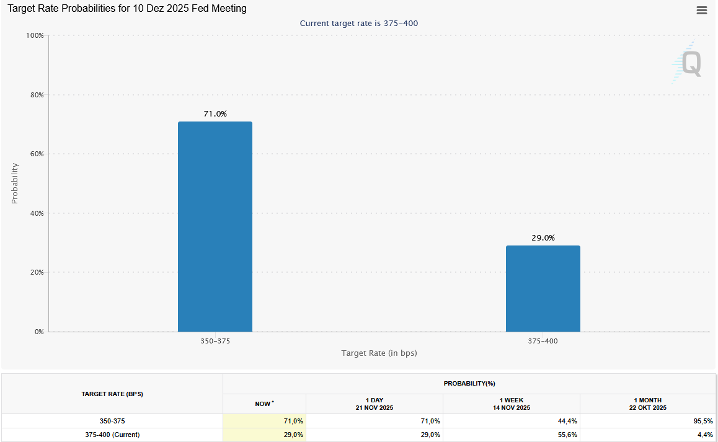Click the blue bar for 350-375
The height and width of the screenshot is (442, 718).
point(215,226)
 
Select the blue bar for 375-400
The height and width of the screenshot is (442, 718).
point(543,288)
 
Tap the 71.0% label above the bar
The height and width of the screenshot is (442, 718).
point(215,114)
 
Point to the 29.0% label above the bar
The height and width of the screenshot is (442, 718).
point(543,237)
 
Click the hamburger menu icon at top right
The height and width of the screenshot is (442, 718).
point(702,10)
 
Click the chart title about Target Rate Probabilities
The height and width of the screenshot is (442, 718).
point(127,9)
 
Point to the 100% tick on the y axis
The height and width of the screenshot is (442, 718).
point(35,36)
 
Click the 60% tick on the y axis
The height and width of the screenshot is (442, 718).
point(37,154)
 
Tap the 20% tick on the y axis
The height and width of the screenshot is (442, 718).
point(37,273)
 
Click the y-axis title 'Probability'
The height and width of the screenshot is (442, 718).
point(15,183)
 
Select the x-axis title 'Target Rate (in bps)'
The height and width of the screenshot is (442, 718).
point(379,353)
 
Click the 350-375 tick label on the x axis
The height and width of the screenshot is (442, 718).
point(215,342)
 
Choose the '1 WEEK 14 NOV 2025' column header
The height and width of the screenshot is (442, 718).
point(511,404)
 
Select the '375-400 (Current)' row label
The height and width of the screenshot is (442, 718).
point(112,435)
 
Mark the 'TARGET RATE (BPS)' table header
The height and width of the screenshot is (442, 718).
point(112,394)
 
